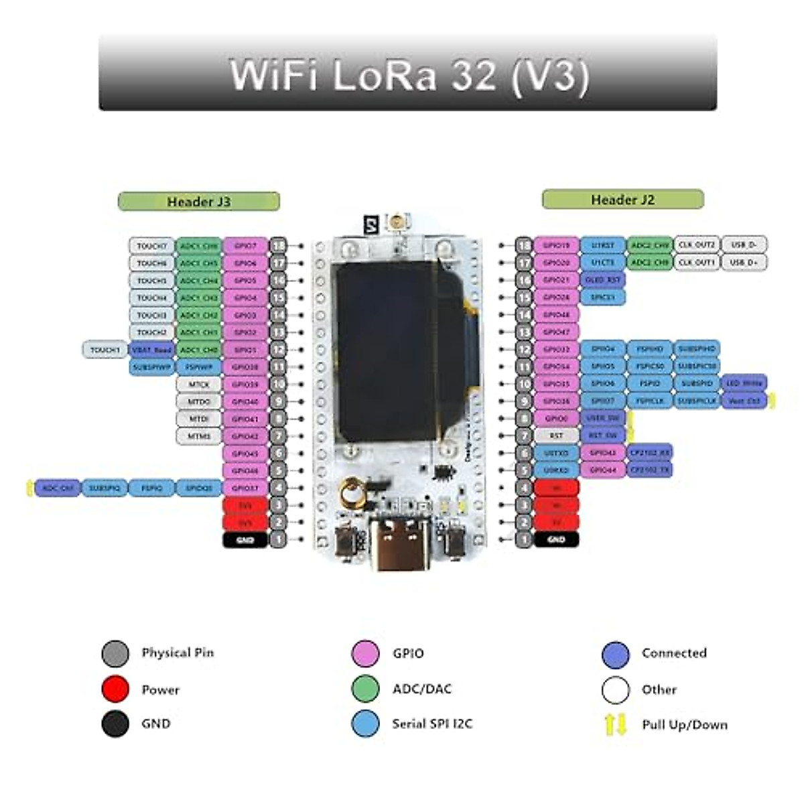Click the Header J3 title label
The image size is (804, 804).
pyautogui.click(x=199, y=202)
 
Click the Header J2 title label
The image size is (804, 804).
pyautogui.click(x=622, y=200)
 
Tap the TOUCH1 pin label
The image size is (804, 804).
pyautogui.click(x=105, y=350)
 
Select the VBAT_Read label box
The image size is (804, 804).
pyautogui.click(x=152, y=350)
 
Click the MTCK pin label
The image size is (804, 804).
pyautogui.click(x=199, y=385)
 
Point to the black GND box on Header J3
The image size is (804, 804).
pyautogui.click(x=245, y=539)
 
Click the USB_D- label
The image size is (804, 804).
pyautogui.click(x=744, y=245)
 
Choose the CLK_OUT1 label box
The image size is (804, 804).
pyautogui.click(x=697, y=263)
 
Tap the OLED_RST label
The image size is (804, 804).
pyautogui.click(x=603, y=280)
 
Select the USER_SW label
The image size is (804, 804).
pyautogui.click(x=603, y=418)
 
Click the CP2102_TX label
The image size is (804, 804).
pyautogui.click(x=649, y=470)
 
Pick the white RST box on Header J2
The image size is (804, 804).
pyautogui.click(x=556, y=435)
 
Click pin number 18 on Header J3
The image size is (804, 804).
pyautogui.click(x=278, y=246)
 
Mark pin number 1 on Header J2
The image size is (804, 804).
pyautogui.click(x=524, y=539)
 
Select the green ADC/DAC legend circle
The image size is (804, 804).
pyautogui.click(x=365, y=689)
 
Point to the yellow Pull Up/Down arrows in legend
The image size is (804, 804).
pyautogui.click(x=615, y=724)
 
